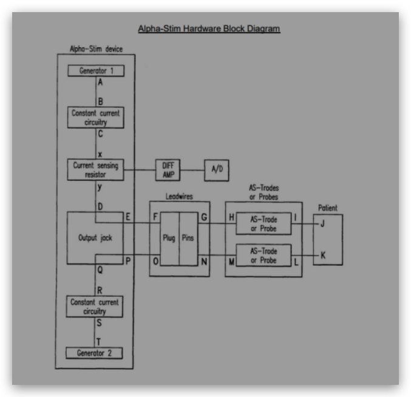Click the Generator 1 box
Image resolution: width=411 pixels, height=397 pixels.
97,70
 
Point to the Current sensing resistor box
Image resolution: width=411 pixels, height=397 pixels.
97,169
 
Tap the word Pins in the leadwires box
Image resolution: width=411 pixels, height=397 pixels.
188,239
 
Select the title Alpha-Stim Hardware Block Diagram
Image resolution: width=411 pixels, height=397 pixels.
209,29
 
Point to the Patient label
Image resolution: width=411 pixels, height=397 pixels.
328,208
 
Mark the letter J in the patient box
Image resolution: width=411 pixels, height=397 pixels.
323,223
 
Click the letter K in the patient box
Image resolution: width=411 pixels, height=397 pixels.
323,256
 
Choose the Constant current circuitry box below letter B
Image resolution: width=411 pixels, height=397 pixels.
97,117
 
